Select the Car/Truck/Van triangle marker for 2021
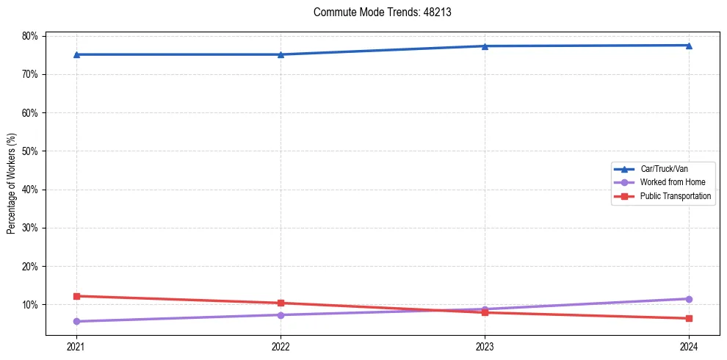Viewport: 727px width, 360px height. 76,54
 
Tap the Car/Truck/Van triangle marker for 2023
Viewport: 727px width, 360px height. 485,46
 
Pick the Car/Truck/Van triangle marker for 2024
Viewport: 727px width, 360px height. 689,46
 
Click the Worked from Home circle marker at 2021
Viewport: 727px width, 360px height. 76,321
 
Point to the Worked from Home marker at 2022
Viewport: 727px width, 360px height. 281,315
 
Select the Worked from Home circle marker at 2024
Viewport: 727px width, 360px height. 689,299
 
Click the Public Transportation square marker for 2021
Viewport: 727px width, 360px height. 76,296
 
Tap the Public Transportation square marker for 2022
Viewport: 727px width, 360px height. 281,303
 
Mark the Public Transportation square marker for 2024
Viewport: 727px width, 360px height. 689,318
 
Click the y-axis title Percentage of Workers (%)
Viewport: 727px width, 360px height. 12,184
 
